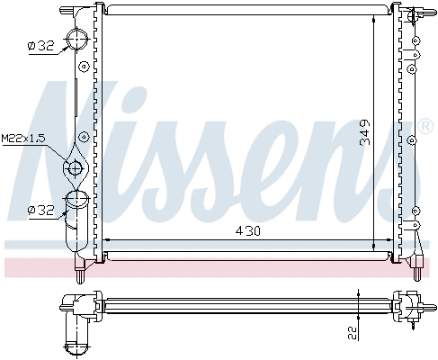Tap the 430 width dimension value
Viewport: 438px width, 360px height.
pyautogui.click(x=248, y=230)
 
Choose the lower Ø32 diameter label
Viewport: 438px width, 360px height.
pyautogui.click(x=41, y=209)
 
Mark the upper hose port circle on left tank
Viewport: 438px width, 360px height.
pyautogui.click(x=81, y=39)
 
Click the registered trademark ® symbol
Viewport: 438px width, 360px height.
pyautogui.click(x=425, y=128)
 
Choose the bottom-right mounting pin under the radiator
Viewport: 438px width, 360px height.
pyautogui.click(x=419, y=265)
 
